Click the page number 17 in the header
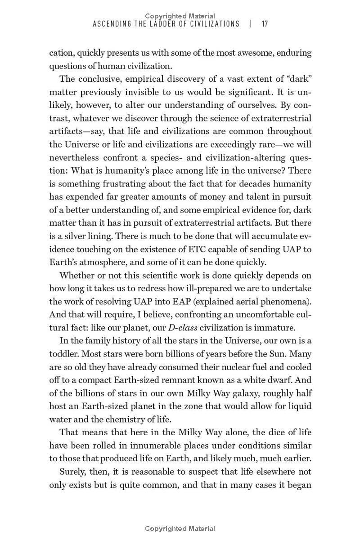[265, 24]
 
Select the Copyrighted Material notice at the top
[180, 16]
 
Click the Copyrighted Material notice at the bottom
[180, 529]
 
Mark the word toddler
[63, 354]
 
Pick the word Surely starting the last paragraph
[73, 472]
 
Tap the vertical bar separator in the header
[251, 24]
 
